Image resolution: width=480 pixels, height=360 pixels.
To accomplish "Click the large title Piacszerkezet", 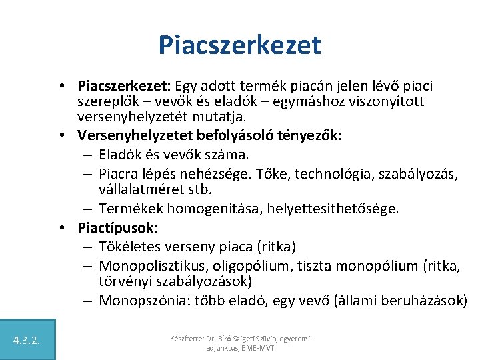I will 240,45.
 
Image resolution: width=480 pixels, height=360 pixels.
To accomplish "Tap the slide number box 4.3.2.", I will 27,341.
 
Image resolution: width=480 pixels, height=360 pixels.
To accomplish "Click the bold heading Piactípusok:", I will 118,227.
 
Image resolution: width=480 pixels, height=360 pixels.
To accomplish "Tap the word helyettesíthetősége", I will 332,209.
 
